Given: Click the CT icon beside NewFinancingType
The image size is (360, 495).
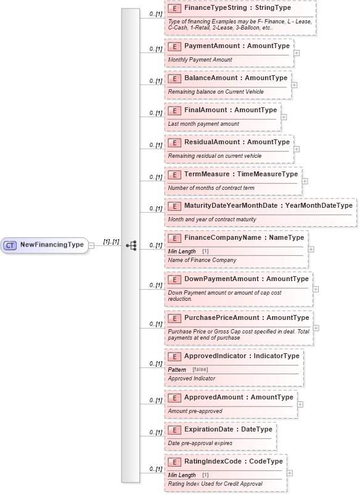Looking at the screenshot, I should click(x=10, y=245).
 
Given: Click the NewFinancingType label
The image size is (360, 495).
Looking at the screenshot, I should click(x=52, y=245).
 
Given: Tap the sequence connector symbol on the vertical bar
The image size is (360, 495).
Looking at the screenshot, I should click(x=131, y=245).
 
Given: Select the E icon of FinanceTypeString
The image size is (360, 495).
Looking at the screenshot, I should click(x=174, y=10).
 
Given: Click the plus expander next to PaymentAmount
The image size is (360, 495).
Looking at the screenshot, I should click(x=297, y=52).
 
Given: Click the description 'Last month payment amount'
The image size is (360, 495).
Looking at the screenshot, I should click(x=203, y=124).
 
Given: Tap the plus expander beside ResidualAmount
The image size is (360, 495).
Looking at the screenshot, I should click(x=297, y=149).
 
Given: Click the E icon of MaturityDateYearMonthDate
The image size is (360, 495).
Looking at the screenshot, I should click(x=174, y=206).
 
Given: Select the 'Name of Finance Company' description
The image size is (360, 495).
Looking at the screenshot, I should click(x=202, y=260).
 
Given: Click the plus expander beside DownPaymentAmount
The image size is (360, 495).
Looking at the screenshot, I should click(x=316, y=288).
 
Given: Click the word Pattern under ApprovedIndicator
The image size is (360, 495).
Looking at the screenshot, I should click(x=178, y=369).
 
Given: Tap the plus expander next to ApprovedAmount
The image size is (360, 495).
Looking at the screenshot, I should click(x=300, y=404).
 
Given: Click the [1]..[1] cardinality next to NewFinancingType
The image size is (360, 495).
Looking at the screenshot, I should click(x=111, y=242).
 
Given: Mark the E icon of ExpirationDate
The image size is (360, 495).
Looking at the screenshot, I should click(x=174, y=429).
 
